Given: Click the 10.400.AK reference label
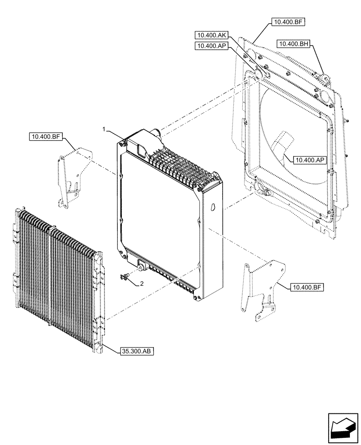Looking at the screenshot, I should [x=211, y=35].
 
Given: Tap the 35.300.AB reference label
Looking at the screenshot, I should [x=136, y=352].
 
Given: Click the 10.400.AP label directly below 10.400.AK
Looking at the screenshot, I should [x=211, y=46].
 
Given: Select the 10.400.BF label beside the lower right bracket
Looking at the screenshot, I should [x=306, y=288].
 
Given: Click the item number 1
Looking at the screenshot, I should [x=104, y=129].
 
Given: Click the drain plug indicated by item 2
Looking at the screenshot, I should [x=126, y=277].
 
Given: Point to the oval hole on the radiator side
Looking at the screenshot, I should [x=212, y=207].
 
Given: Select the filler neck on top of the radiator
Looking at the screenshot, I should [x=156, y=132].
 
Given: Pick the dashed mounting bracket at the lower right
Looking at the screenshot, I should [x=262, y=289].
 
